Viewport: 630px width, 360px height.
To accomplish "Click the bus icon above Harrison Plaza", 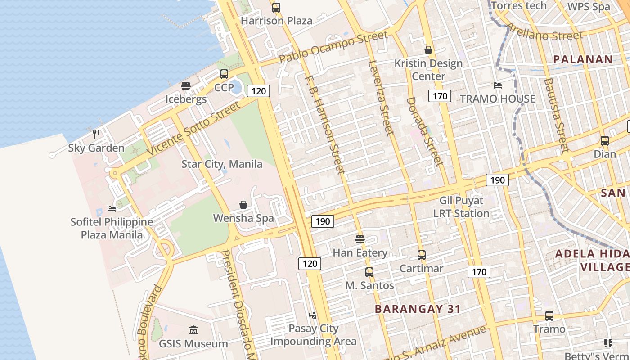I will click(x=276, y=8).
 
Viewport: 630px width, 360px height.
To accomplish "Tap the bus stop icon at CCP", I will click(x=224, y=74).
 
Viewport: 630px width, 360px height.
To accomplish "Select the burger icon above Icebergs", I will click(x=186, y=86).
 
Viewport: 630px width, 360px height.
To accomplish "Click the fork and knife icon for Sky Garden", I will click(x=96, y=134).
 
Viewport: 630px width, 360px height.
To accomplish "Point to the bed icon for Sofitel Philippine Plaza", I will click(x=112, y=208).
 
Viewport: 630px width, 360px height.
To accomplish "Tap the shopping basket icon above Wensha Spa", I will click(x=243, y=205).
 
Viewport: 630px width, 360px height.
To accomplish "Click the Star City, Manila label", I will click(x=221, y=164).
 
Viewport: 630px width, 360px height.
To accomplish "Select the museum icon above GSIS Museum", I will click(x=193, y=330).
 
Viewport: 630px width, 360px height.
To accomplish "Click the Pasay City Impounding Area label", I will click(x=313, y=335).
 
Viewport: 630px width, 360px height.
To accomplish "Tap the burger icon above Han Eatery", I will click(x=360, y=239).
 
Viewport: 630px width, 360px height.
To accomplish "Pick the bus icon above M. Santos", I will click(x=369, y=272).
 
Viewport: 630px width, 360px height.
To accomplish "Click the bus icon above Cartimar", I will click(x=422, y=255).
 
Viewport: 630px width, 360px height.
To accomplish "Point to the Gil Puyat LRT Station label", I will click(x=461, y=207).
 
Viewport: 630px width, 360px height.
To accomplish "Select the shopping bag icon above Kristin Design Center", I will click(x=428, y=50).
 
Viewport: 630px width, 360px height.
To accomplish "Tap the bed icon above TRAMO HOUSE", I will click(x=498, y=85).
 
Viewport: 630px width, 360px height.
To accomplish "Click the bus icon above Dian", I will click(x=605, y=141).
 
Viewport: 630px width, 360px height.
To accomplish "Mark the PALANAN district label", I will click(x=583, y=59).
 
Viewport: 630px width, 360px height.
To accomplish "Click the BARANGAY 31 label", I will click(x=418, y=309).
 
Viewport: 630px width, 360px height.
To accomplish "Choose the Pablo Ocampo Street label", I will click(x=333, y=47).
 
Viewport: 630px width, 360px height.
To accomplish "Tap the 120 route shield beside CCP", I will click(x=258, y=91).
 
